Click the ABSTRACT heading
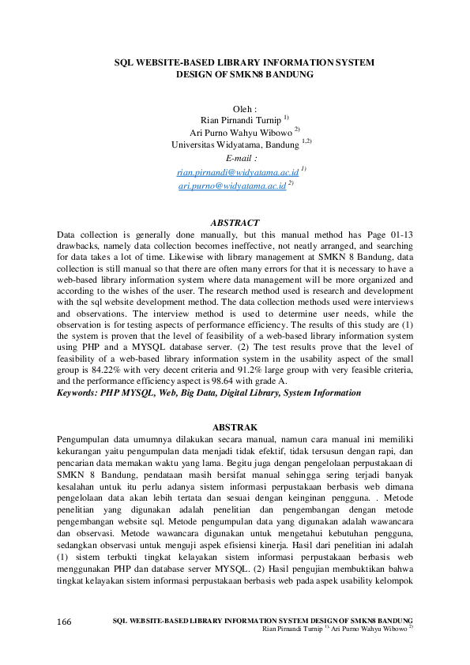(x=235, y=224)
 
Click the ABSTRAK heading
(x=235, y=427)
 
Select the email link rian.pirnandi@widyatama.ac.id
(x=238, y=171)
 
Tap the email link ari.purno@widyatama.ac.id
(x=231, y=185)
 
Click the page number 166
(x=64, y=622)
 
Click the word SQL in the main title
(x=125, y=62)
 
